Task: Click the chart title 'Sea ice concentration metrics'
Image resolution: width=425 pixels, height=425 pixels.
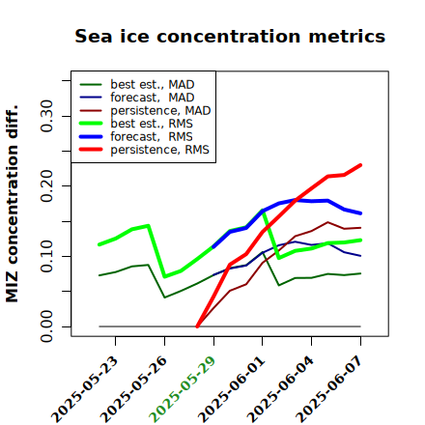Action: click(x=230, y=36)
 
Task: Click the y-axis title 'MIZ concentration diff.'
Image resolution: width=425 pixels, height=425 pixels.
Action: click(x=12, y=204)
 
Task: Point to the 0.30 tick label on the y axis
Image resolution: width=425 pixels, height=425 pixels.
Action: click(x=47, y=116)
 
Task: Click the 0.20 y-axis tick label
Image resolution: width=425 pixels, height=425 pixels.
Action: click(x=47, y=186)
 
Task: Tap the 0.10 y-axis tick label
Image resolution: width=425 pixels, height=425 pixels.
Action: click(x=47, y=256)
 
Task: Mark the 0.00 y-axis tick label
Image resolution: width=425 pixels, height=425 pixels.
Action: click(x=47, y=326)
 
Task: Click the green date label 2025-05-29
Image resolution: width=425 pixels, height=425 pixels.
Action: click(x=183, y=389)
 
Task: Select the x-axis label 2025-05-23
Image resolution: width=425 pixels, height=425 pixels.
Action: click(x=84, y=389)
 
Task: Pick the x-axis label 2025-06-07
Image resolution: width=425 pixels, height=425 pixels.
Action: click(x=328, y=389)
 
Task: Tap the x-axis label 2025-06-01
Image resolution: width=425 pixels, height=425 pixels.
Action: click(x=231, y=389)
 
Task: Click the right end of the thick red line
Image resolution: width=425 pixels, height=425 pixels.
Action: click(x=360, y=165)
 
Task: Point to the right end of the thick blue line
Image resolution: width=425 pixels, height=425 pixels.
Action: click(x=360, y=213)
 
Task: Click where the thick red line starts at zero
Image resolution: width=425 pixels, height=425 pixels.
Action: click(x=197, y=326)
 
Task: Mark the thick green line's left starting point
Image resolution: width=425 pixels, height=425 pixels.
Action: click(x=99, y=244)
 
